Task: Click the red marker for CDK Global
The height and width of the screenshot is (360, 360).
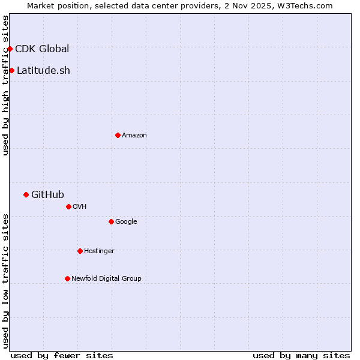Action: click(x=10, y=49)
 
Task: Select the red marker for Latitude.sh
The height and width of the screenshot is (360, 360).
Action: click(x=11, y=71)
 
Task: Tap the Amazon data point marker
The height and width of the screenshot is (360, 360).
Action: click(x=118, y=135)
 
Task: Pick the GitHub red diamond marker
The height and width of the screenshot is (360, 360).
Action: click(x=26, y=194)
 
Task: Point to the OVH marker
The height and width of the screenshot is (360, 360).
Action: click(x=68, y=206)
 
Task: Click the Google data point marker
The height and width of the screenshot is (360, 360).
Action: click(x=111, y=221)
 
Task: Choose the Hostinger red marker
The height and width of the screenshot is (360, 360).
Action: click(x=80, y=251)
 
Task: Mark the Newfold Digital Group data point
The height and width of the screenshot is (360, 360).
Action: click(x=67, y=278)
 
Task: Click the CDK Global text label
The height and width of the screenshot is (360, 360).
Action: click(x=42, y=49)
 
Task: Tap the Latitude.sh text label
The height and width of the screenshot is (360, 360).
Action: click(x=43, y=71)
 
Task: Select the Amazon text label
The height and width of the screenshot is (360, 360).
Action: click(x=134, y=136)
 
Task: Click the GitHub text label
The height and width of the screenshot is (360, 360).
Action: click(x=47, y=194)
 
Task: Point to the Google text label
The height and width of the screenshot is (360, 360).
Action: click(x=126, y=222)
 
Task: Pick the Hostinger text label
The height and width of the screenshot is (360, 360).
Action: click(x=99, y=251)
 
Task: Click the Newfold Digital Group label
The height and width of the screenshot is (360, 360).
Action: click(x=106, y=279)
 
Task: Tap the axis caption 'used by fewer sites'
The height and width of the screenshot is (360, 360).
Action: click(x=62, y=356)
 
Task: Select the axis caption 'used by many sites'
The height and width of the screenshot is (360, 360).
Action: click(x=301, y=356)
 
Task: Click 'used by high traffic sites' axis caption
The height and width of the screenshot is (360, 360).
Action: click(x=6, y=85)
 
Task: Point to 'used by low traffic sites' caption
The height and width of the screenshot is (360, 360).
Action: click(x=6, y=281)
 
